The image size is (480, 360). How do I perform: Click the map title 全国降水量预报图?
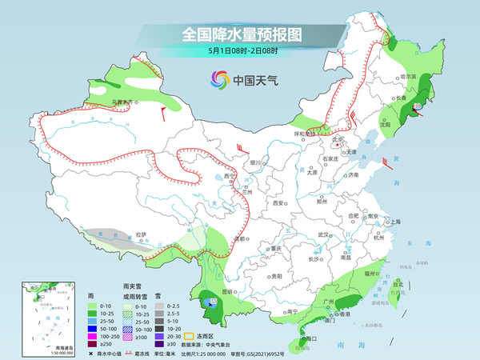[x=240, y=34]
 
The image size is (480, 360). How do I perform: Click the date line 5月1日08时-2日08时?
[x=239, y=50]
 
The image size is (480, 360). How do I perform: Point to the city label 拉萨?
[x=142, y=234]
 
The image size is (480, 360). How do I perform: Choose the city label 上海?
[x=394, y=222]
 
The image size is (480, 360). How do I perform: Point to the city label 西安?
[x=279, y=203]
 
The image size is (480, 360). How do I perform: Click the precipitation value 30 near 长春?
[x=417, y=105]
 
